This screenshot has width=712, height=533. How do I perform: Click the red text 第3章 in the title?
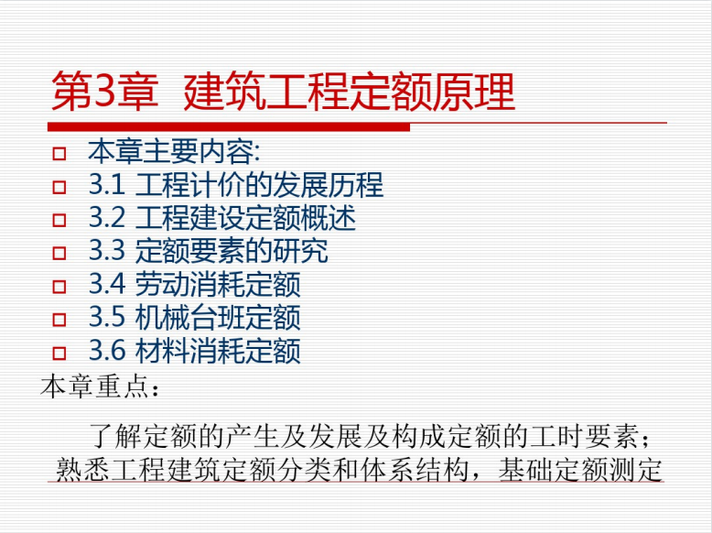105,92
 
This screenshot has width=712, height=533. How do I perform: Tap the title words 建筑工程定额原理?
350,92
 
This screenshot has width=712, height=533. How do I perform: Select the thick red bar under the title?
229,126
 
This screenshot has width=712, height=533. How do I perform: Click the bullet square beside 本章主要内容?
59,154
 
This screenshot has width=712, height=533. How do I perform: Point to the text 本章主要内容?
174,151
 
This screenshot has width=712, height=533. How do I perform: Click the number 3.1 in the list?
107,185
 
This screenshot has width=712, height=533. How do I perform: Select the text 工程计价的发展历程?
259,185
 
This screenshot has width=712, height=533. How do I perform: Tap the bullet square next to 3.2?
59,220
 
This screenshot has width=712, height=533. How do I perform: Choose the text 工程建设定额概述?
245,218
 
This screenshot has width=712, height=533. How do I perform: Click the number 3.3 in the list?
107,251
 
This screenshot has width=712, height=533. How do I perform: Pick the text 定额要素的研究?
232,251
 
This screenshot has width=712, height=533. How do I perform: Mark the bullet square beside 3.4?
59,287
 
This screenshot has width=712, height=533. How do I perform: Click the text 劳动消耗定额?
218,284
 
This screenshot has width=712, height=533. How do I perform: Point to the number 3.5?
107,317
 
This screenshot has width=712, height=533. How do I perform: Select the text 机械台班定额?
218,317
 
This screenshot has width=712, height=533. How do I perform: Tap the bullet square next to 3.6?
59,353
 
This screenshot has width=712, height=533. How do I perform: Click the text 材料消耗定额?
218,351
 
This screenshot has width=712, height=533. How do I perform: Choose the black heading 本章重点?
100,386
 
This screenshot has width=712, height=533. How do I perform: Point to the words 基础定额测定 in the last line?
580,470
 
